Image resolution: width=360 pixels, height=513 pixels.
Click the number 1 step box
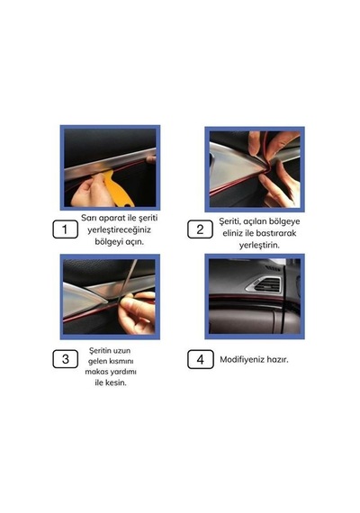(65, 229)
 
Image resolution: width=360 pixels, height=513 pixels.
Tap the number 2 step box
(200, 229)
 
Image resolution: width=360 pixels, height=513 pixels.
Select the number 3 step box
(65, 359)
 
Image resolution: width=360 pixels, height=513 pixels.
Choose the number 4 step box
(201, 359)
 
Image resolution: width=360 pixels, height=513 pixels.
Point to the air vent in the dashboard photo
(265, 284)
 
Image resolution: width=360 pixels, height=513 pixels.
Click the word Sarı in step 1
(89, 218)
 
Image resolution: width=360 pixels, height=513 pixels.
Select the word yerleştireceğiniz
(119, 230)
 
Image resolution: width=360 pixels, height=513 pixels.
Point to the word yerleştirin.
(259, 245)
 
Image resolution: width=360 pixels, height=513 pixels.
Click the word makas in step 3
(96, 372)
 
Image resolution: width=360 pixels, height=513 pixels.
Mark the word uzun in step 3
(122, 351)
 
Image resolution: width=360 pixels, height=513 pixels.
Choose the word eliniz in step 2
(233, 233)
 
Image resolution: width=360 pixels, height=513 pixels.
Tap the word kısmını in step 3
(120, 362)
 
